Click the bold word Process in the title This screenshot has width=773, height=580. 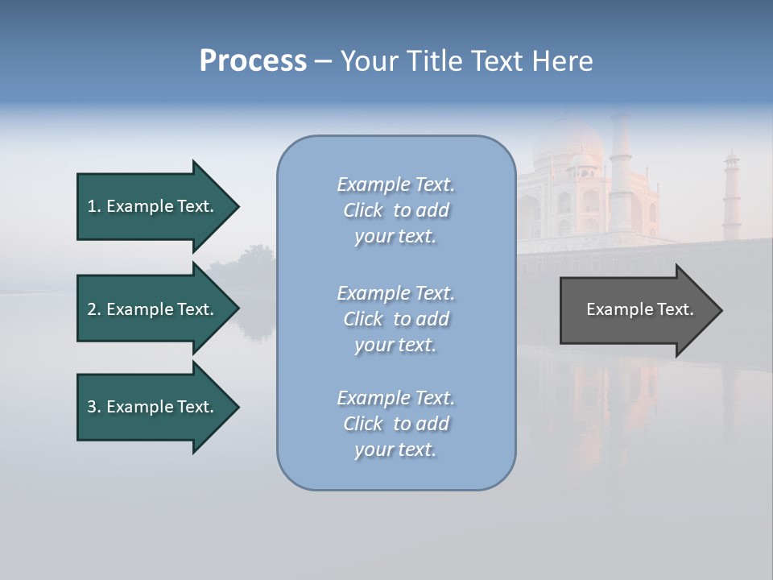click(253, 61)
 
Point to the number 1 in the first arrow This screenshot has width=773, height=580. click(92, 206)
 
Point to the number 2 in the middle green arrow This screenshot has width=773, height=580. click(92, 309)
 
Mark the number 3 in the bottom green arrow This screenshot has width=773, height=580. click(92, 407)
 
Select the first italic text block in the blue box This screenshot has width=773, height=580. click(395, 210)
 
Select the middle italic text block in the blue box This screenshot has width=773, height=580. click(395, 318)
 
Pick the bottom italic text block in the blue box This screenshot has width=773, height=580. click(395, 424)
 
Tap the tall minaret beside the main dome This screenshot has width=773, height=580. click(620, 169)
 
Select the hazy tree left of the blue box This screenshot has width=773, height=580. click(246, 266)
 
